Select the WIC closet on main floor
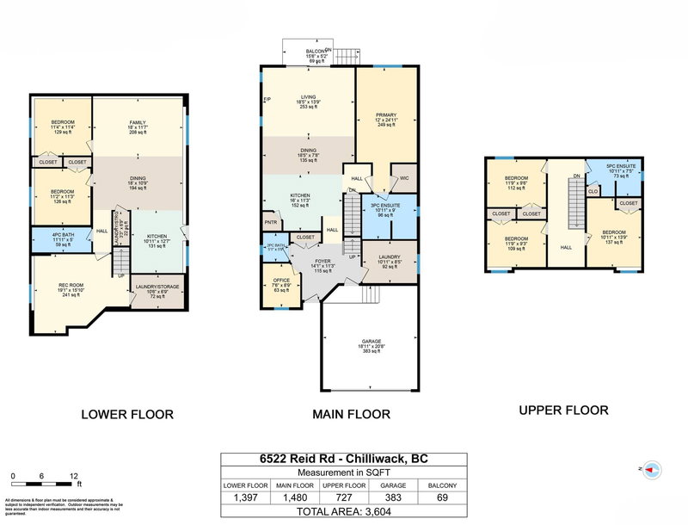point(403,179)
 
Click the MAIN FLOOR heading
point(351,415)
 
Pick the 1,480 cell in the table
point(295,497)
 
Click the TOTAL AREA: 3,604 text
point(342,511)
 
